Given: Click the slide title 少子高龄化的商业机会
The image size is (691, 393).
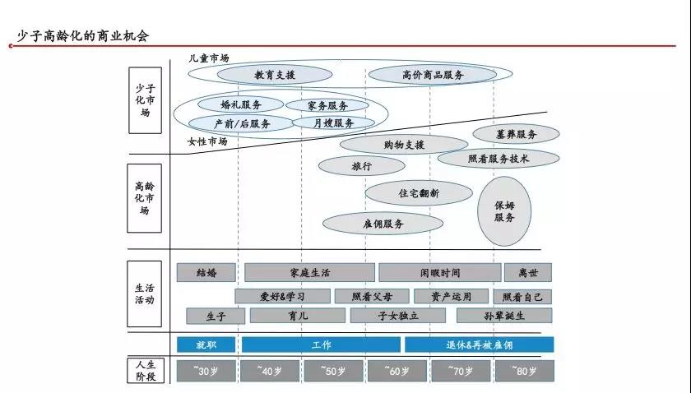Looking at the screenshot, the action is pos(83,35).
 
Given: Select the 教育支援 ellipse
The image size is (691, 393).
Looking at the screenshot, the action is pos(275,75).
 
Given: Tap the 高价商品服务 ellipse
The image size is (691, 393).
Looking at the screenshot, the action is pos(433,75).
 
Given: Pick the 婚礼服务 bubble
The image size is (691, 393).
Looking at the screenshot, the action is pos(240,104).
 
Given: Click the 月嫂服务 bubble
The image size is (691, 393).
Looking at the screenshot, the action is pos(334,123).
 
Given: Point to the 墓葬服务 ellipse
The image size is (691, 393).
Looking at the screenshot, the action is pos(516,134).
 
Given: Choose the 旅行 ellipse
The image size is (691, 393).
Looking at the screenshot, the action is pos(362,166).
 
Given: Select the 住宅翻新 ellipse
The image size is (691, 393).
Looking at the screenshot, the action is pos(419,193).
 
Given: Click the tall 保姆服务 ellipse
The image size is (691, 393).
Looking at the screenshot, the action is pos(504,211).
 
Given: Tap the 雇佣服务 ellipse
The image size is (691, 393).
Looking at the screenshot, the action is pos(383,224).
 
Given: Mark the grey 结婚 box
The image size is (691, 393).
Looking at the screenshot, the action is pos(206,273).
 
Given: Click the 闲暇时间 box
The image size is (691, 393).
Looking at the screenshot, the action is pos(440,273).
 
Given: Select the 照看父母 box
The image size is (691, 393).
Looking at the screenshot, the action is pos(372,297).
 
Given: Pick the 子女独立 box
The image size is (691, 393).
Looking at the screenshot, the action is pos(398,316).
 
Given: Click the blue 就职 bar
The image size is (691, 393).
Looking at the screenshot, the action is pos(206,344).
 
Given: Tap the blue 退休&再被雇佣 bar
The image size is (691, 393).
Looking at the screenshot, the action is pos(480,344).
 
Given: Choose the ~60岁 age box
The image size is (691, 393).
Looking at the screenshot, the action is pos(397,371).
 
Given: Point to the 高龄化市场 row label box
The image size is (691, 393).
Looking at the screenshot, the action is pos(145,198).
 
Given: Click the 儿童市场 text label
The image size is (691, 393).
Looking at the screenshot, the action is pos(209,58).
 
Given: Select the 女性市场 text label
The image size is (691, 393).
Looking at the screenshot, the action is pos(207,141).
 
